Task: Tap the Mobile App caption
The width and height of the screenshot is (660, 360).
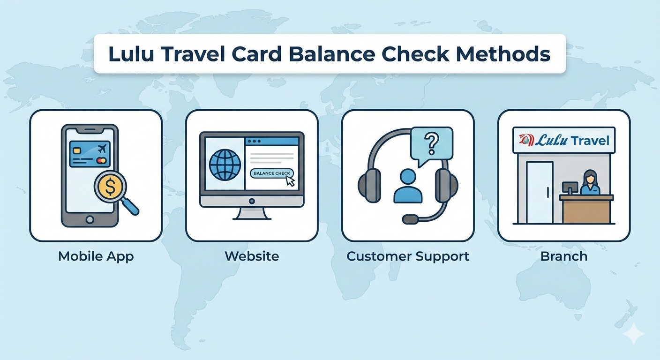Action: [96, 256]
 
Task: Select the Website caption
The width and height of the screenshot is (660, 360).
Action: [252, 256]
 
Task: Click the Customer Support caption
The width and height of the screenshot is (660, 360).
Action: [407, 256]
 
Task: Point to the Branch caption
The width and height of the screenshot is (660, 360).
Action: [563, 256]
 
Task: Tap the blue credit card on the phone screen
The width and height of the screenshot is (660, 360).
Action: [89, 155]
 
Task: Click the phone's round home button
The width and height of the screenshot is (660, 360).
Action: [89, 219]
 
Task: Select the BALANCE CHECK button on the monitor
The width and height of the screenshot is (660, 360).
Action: [271, 173]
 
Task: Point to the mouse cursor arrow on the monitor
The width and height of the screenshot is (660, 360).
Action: [291, 180]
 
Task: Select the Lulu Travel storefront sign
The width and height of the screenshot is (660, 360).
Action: [564, 140]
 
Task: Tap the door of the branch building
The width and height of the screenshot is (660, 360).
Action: [540, 192]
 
